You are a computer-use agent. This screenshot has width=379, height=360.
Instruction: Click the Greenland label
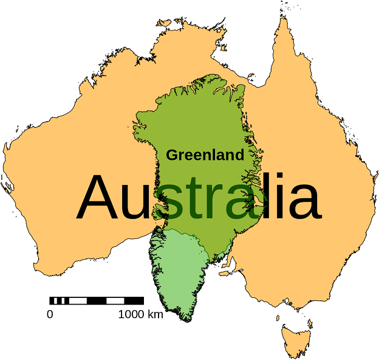pos(205,155)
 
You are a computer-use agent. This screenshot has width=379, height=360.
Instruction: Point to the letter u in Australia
pos(134,202)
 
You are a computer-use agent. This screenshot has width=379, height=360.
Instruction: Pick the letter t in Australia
pos(191,198)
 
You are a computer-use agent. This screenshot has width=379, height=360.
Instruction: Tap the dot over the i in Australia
pos(272,177)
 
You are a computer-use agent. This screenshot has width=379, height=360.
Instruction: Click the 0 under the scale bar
pos(50,314)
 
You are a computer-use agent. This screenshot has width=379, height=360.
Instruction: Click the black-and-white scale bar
pos(97,300)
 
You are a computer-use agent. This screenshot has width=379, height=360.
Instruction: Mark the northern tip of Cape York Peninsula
pos(283,18)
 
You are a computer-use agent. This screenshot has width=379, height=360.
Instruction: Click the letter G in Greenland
pos(171,155)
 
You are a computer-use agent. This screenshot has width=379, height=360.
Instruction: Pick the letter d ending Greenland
pos(240,154)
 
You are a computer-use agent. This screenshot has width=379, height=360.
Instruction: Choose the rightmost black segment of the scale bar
pos(134,300)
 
